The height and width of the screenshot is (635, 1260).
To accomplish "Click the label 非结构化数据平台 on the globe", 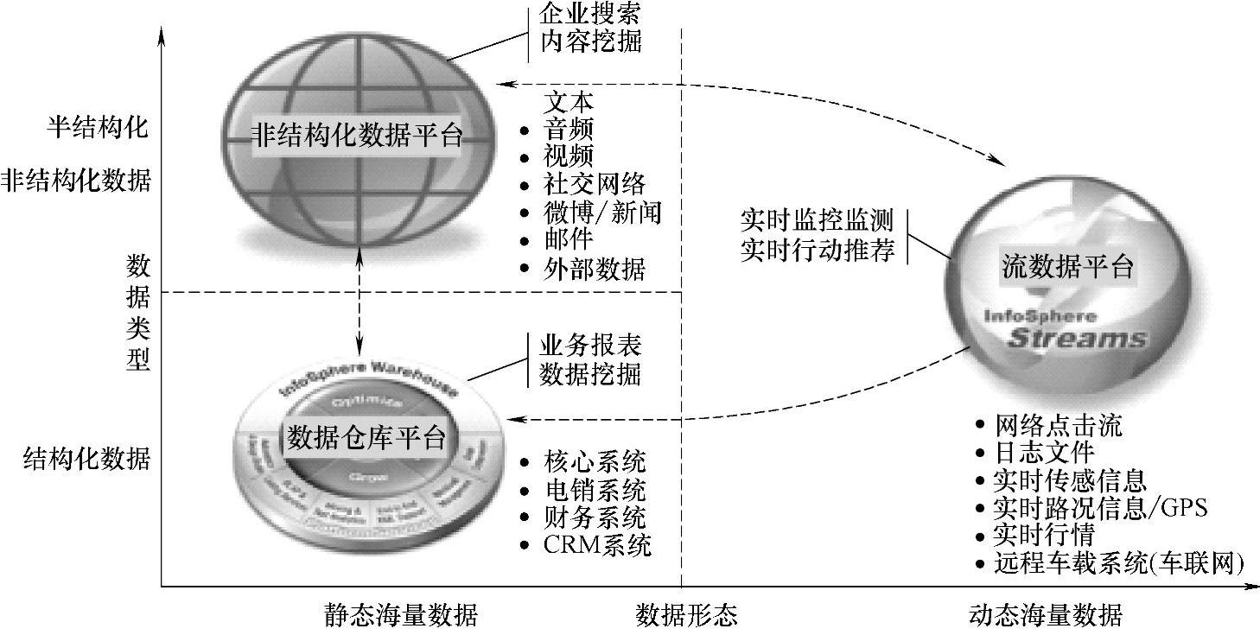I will tap(357, 137).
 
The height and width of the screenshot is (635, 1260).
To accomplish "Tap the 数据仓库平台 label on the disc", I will tap(366, 438).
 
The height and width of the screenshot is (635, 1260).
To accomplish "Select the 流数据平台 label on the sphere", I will tap(1067, 267).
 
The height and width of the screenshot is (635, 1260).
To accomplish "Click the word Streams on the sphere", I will tap(1077, 338).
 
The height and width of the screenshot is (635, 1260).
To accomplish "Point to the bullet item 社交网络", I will tap(595, 184).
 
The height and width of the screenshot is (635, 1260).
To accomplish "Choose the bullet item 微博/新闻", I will tap(602, 213).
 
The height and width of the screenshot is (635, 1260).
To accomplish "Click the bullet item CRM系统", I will tap(597, 546).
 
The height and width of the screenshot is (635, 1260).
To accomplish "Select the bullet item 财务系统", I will tap(595, 518).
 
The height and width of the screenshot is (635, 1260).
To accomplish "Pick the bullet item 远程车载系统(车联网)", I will tap(1119, 564).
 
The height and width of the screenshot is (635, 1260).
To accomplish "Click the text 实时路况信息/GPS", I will tap(1101, 508).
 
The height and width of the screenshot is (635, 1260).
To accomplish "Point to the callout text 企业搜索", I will tap(592, 13).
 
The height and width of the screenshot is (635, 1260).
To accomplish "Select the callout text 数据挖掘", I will tap(591, 374).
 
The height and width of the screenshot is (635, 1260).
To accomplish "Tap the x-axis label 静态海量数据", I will tap(401, 616).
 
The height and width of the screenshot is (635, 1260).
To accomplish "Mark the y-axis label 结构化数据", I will tap(86, 458).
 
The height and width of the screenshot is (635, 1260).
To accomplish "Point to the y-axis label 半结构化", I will tap(98, 128).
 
